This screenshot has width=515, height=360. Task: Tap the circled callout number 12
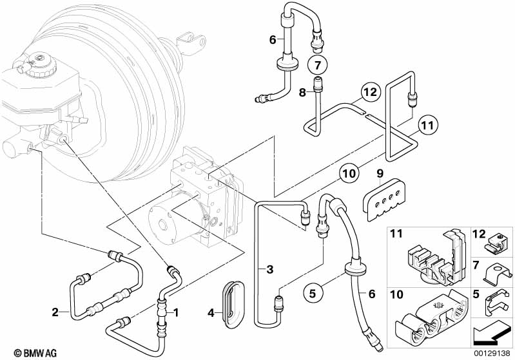point(368,92)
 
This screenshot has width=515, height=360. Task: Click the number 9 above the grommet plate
point(380,173)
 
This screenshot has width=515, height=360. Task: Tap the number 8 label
point(302,92)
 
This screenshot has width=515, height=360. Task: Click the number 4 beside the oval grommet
point(209,314)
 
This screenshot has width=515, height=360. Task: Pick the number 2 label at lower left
point(55,312)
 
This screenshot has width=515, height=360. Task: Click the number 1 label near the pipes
point(177,312)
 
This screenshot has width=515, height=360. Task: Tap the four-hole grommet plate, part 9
point(385,196)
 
